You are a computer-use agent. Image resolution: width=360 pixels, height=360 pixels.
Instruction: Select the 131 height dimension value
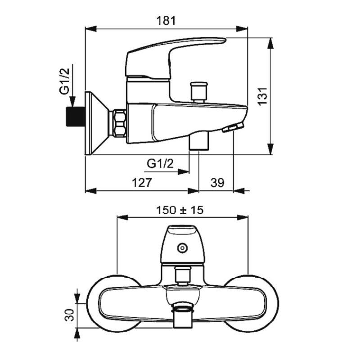click(262, 96)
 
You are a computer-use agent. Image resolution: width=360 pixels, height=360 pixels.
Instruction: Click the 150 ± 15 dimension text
click(180, 210)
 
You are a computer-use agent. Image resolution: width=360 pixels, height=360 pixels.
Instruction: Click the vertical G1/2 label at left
click(65, 81)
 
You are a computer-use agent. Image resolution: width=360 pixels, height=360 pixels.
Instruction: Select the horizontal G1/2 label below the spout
click(160, 163)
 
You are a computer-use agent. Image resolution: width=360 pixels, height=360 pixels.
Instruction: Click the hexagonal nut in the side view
click(120, 123)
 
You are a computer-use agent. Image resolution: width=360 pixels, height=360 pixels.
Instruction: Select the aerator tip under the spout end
click(232, 128)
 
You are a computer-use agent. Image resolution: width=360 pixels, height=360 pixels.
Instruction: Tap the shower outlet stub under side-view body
click(199, 141)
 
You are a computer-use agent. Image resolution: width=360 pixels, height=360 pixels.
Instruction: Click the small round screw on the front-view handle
click(182, 247)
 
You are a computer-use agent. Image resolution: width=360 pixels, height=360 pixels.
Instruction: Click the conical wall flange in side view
click(96, 123)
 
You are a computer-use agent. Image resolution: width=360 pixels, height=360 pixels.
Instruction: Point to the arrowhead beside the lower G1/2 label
click(184, 171)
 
